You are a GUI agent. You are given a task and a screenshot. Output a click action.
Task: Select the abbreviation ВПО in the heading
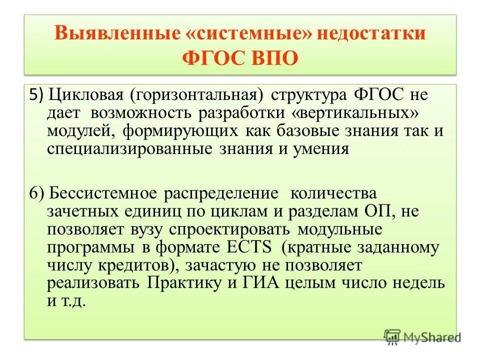pos(271,58)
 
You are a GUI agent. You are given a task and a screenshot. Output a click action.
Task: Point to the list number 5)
pos(36,93)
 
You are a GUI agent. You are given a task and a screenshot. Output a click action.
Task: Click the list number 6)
pos(37,194)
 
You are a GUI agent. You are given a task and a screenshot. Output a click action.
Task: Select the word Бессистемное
pos(105,194)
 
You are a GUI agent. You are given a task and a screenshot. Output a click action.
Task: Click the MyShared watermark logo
pos(421,337)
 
